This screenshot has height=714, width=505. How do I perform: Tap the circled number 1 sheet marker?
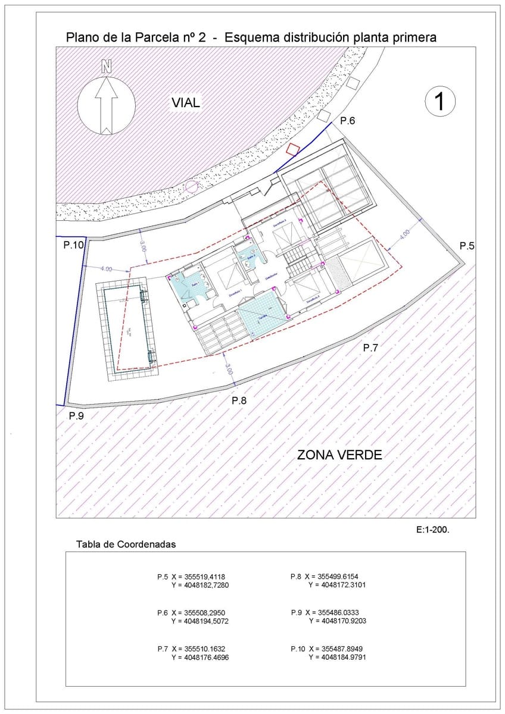pyautogui.click(x=441, y=101)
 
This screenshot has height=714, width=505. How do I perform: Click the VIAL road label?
pyautogui.click(x=186, y=103)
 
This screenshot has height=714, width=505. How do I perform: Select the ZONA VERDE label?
pyautogui.click(x=339, y=455)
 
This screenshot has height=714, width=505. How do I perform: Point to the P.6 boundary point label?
pyautogui.click(x=347, y=121)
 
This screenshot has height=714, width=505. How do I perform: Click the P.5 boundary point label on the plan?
pyautogui.click(x=467, y=246)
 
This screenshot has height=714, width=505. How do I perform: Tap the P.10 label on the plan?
pyautogui.click(x=74, y=244)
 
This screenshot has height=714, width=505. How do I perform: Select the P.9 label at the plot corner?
pyautogui.click(x=76, y=416)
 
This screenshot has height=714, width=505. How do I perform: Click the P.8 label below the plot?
pyautogui.click(x=239, y=400)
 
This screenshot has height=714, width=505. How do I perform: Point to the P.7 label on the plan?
pyautogui.click(x=370, y=348)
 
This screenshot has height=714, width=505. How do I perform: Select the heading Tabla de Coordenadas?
pyautogui.click(x=126, y=544)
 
